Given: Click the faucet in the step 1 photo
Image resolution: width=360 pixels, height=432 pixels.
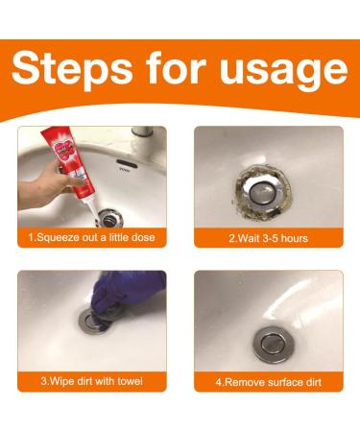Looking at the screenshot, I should click(x=144, y=139).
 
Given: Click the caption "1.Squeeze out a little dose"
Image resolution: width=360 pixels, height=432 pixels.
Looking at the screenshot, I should click(x=91, y=237).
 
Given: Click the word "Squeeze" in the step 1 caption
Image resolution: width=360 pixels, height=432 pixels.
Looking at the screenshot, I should click(x=66, y=237).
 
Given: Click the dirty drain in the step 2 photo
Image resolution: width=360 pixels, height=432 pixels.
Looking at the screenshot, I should click(x=266, y=181).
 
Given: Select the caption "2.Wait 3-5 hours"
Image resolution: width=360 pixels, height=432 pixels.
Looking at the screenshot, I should click(x=268, y=237).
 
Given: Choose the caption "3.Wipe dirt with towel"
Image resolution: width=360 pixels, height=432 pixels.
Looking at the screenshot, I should click(x=91, y=381).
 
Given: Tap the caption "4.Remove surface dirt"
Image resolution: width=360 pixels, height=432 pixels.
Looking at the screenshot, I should click(x=268, y=381).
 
